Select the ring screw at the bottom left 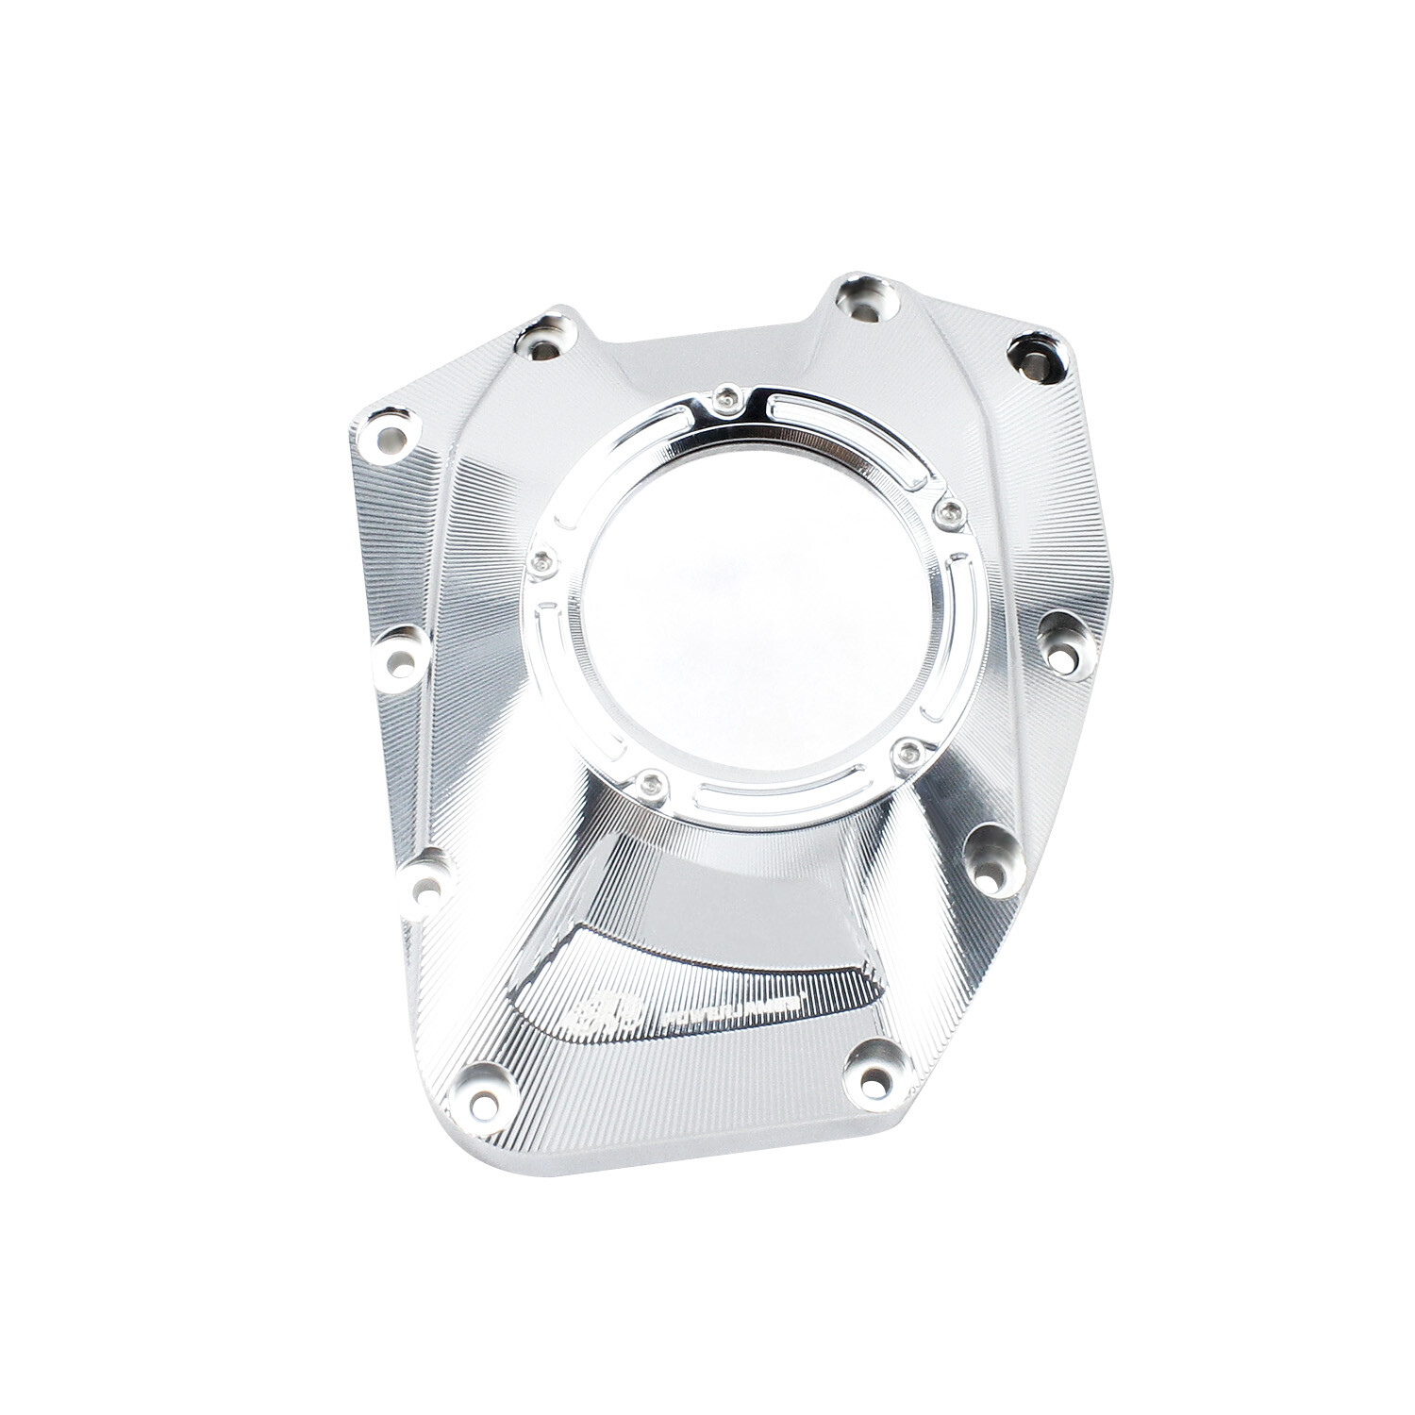coord(648,780)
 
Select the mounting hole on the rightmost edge coord(1065,650)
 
